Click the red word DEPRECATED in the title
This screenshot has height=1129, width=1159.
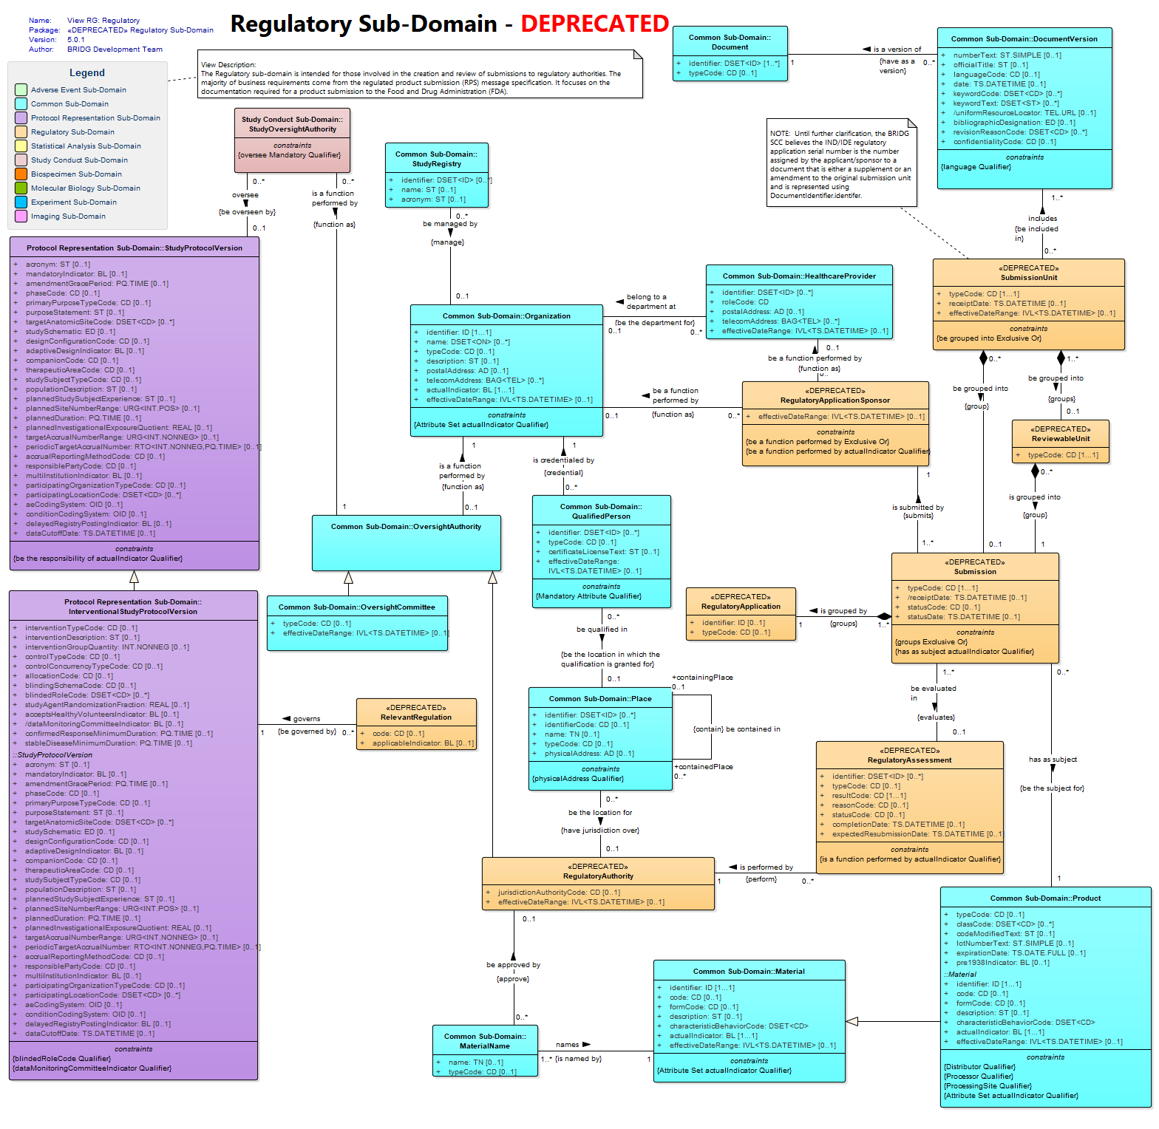[x=594, y=24]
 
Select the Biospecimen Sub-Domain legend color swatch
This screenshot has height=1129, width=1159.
[x=21, y=174]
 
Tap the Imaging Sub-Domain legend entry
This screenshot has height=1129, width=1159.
[x=68, y=216]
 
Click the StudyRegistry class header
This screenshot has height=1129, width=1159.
[x=436, y=159]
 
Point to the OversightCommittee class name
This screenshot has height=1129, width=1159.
[x=357, y=607]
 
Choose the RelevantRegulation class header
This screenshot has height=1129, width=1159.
[x=416, y=712]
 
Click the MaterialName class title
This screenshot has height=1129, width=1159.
[x=485, y=1041]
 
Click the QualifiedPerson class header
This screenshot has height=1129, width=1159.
[x=601, y=511]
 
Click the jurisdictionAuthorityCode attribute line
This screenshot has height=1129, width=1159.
[x=559, y=893]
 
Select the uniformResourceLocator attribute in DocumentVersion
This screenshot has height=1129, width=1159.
[x=1024, y=113]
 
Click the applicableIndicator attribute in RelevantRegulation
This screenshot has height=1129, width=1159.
[x=424, y=743]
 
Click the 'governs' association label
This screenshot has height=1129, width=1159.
[x=307, y=719]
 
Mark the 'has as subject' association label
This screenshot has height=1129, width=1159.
[x=1053, y=760]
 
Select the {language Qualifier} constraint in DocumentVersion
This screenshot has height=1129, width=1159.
[x=976, y=167]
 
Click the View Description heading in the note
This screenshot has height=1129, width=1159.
[x=228, y=65]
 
